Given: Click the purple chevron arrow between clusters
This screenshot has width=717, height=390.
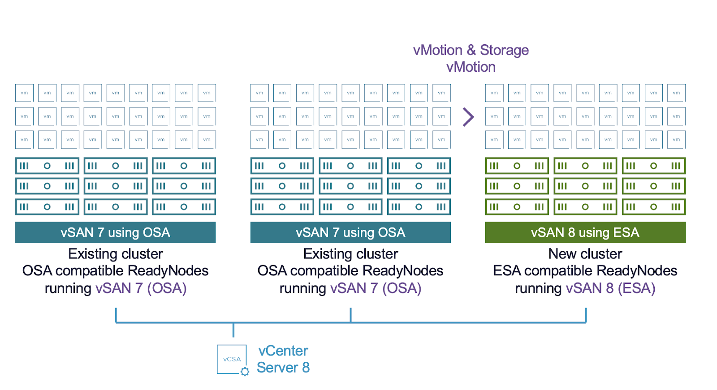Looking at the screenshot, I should point(468,117).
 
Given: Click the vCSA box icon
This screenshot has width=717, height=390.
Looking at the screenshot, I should point(232,359).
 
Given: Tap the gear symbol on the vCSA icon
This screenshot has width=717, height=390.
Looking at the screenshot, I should point(245,372).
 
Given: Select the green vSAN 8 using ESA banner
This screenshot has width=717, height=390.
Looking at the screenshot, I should point(585,232).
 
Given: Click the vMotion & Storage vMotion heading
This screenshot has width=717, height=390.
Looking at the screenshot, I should point(471,58).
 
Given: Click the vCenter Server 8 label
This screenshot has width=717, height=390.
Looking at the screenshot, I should point(283,359).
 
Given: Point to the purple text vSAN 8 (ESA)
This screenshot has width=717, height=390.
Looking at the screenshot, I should point(610,288).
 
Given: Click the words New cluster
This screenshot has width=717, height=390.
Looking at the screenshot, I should point(585,254).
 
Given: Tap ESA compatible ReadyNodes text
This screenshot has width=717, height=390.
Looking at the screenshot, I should point(585,271).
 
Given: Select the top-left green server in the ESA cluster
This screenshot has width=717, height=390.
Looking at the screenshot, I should point(517,166).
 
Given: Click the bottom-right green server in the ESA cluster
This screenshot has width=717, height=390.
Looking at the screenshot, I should point(653,207).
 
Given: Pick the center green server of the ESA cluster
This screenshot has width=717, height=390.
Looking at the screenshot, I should point(585,186).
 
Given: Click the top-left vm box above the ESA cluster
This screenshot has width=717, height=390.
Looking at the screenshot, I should point(494,93).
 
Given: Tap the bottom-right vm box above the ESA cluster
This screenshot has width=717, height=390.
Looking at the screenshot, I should point(676,140).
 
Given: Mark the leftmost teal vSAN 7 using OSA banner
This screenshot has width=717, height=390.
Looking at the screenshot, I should point(116,232).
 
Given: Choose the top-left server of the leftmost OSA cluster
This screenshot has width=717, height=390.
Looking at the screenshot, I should point(47,166).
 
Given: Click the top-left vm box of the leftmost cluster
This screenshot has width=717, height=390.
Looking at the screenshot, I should point(24,93).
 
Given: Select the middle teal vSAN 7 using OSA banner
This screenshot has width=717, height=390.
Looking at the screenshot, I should point(350,232).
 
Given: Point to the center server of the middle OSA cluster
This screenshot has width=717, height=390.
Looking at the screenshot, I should point(350,186).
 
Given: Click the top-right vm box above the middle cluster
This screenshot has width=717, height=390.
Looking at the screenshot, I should point(441,93).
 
